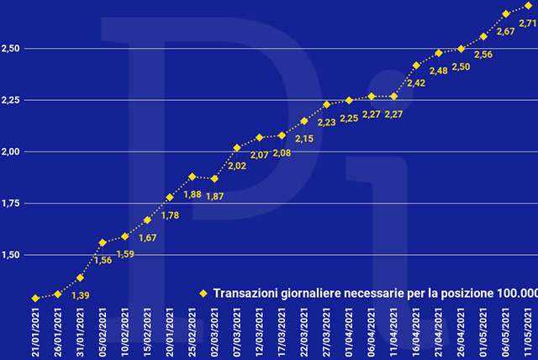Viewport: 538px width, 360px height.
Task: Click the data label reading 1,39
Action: point(81,294)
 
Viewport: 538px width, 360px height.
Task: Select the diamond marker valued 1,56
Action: point(103,243)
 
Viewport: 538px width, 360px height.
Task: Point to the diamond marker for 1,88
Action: point(193,177)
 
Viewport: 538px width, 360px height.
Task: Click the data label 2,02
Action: point(238,166)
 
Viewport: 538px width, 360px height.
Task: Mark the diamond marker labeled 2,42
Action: point(417,65)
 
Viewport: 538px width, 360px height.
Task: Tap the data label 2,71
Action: point(528,24)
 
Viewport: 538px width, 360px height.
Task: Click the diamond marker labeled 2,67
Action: point(506,13)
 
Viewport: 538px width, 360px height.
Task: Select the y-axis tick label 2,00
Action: point(13,151)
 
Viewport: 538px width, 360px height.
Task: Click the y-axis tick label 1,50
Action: point(13,255)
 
